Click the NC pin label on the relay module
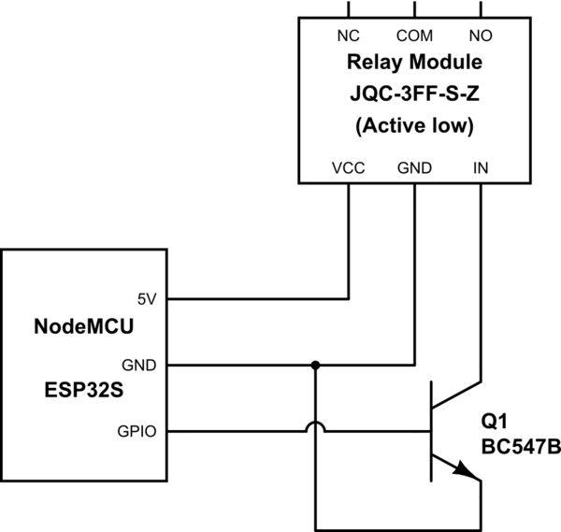pyautogui.click(x=348, y=38)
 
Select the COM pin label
pyautogui.click(x=413, y=38)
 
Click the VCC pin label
pyautogui.click(x=348, y=168)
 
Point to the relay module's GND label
pyautogui.click(x=413, y=168)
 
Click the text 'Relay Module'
pyautogui.click(x=413, y=64)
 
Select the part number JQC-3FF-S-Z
pyautogui.click(x=413, y=94)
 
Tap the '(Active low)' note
pyautogui.click(x=413, y=125)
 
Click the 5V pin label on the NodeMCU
pyautogui.click(x=148, y=300)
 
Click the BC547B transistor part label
pyautogui.click(x=520, y=448)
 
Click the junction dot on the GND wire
pyautogui.click(x=316, y=365)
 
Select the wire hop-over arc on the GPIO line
pyautogui.click(x=316, y=425)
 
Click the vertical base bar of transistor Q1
pyautogui.click(x=432, y=431)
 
